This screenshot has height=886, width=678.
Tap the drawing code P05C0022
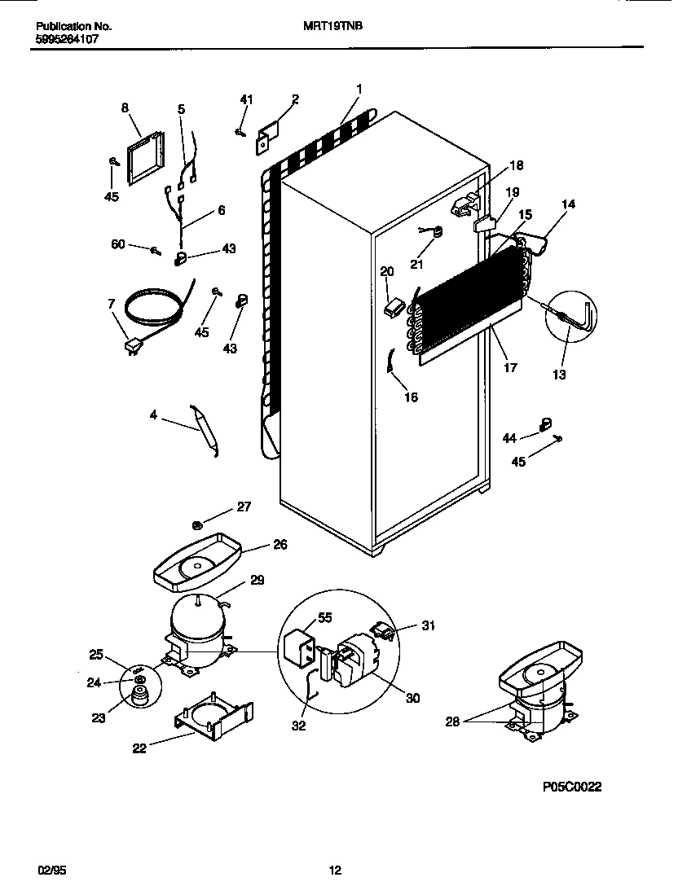[572, 788]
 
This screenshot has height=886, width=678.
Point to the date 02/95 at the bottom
[51, 871]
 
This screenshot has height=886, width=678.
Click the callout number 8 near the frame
[125, 107]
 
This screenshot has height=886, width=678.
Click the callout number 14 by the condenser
[568, 204]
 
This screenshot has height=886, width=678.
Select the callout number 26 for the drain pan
[280, 545]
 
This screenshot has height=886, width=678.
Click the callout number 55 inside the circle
[325, 618]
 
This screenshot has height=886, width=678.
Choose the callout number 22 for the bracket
[139, 748]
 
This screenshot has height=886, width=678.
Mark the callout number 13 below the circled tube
[558, 375]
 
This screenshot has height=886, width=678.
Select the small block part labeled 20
[394, 307]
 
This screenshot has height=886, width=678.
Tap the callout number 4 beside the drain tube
[153, 415]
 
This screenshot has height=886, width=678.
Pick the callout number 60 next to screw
[119, 244]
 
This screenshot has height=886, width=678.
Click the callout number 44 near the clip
[509, 438]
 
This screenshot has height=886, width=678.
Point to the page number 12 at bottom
[335, 871]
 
